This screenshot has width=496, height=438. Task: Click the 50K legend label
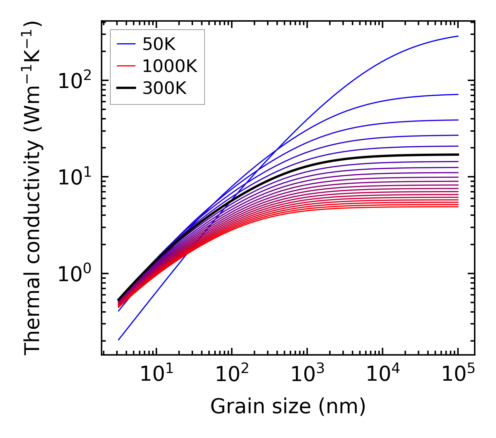[x=158, y=44]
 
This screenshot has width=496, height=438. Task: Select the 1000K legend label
[x=170, y=66]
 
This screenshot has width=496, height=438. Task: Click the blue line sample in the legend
[x=126, y=44]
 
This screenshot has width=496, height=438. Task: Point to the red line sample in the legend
[x=126, y=66]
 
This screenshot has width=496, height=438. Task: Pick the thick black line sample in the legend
[x=126, y=88]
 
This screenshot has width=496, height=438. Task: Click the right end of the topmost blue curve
[x=458, y=36]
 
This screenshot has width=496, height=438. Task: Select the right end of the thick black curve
[x=458, y=154]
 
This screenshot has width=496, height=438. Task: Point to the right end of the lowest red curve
[x=458, y=207]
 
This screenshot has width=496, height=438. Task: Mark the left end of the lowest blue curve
[x=119, y=340]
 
